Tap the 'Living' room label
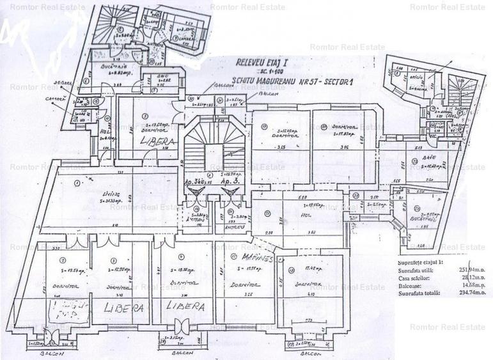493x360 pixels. click(x=81, y=194)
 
